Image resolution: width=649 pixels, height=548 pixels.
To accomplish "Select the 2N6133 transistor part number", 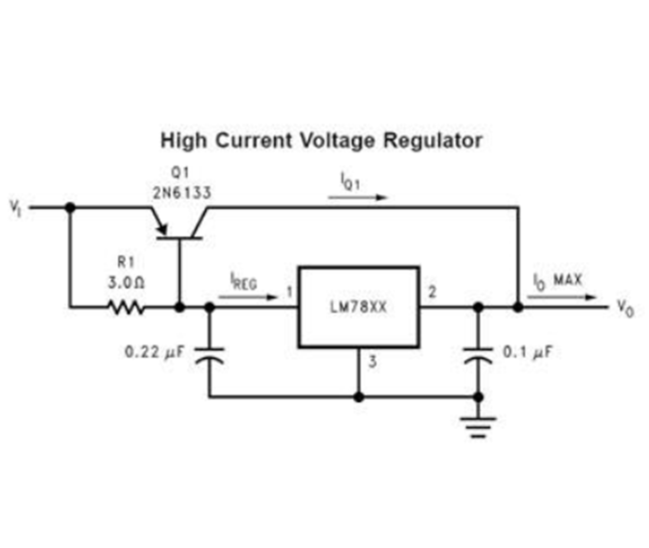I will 182,193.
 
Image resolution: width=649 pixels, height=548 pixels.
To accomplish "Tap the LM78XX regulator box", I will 359,307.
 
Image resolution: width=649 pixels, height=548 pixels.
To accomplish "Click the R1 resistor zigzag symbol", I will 126,307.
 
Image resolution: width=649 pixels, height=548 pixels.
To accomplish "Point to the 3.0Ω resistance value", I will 126,283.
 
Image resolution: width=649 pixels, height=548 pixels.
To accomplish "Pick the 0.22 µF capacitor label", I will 154,352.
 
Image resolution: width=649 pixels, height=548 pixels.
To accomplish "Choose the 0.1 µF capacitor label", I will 527,352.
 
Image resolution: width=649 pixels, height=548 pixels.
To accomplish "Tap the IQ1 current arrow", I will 358,198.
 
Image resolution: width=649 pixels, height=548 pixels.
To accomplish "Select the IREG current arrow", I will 248,297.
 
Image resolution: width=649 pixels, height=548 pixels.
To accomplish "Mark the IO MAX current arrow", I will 561,297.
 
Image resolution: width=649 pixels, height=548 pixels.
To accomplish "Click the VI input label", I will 15,208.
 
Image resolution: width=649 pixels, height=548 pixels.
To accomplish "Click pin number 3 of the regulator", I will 372,362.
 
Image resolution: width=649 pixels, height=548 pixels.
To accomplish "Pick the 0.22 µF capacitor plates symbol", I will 210,356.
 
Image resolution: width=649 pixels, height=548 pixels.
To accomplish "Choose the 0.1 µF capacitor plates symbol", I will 478,356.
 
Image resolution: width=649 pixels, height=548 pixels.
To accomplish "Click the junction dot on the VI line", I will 70,208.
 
